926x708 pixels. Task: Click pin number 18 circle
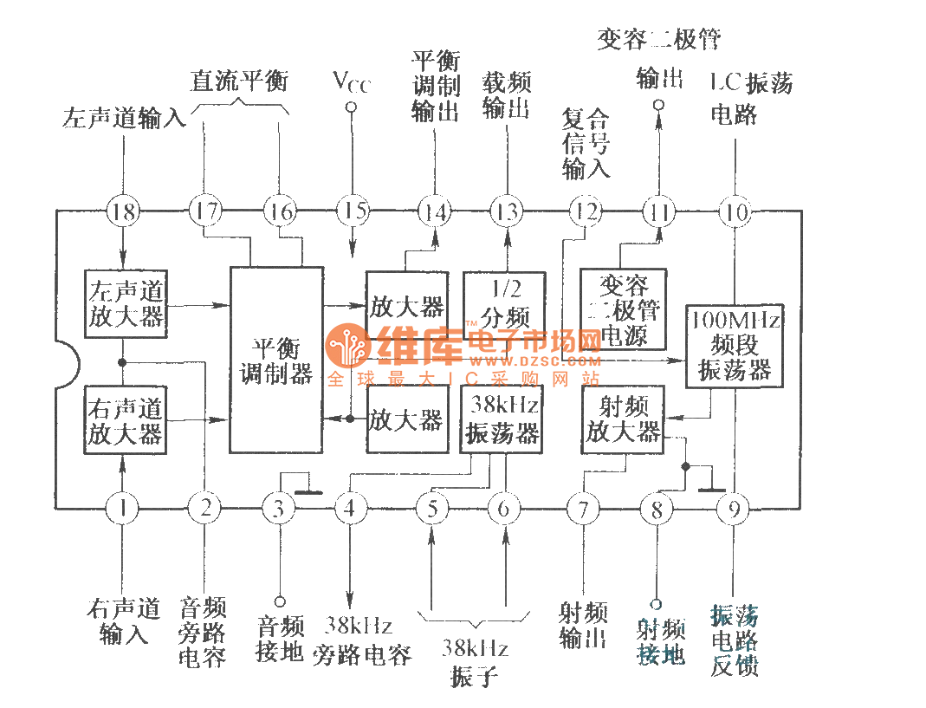[x=124, y=211]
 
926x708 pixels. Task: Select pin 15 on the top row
[x=353, y=211]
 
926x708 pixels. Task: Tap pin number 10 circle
[x=735, y=211]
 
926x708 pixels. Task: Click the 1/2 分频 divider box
[x=504, y=301]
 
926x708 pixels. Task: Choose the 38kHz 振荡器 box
[x=502, y=419]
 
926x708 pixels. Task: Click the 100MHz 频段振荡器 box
[x=735, y=345]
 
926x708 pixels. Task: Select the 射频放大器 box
[x=623, y=419]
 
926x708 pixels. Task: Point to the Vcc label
[x=351, y=81]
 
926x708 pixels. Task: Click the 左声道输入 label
[x=124, y=118]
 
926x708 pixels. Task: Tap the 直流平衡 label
[x=239, y=81]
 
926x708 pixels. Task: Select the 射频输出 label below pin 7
[x=583, y=626]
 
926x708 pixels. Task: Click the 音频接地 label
[x=280, y=639]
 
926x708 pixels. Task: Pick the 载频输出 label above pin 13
[x=506, y=96]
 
